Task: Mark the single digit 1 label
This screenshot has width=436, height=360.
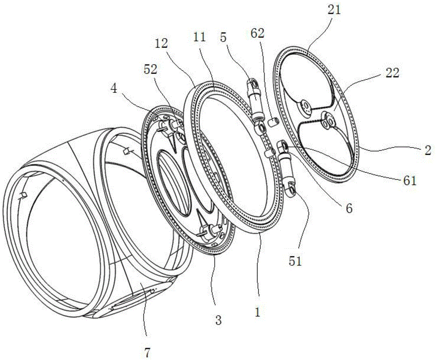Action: point(258,312)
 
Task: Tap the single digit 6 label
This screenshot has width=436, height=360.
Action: point(349,209)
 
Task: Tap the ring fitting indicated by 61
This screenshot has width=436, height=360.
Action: point(283,144)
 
